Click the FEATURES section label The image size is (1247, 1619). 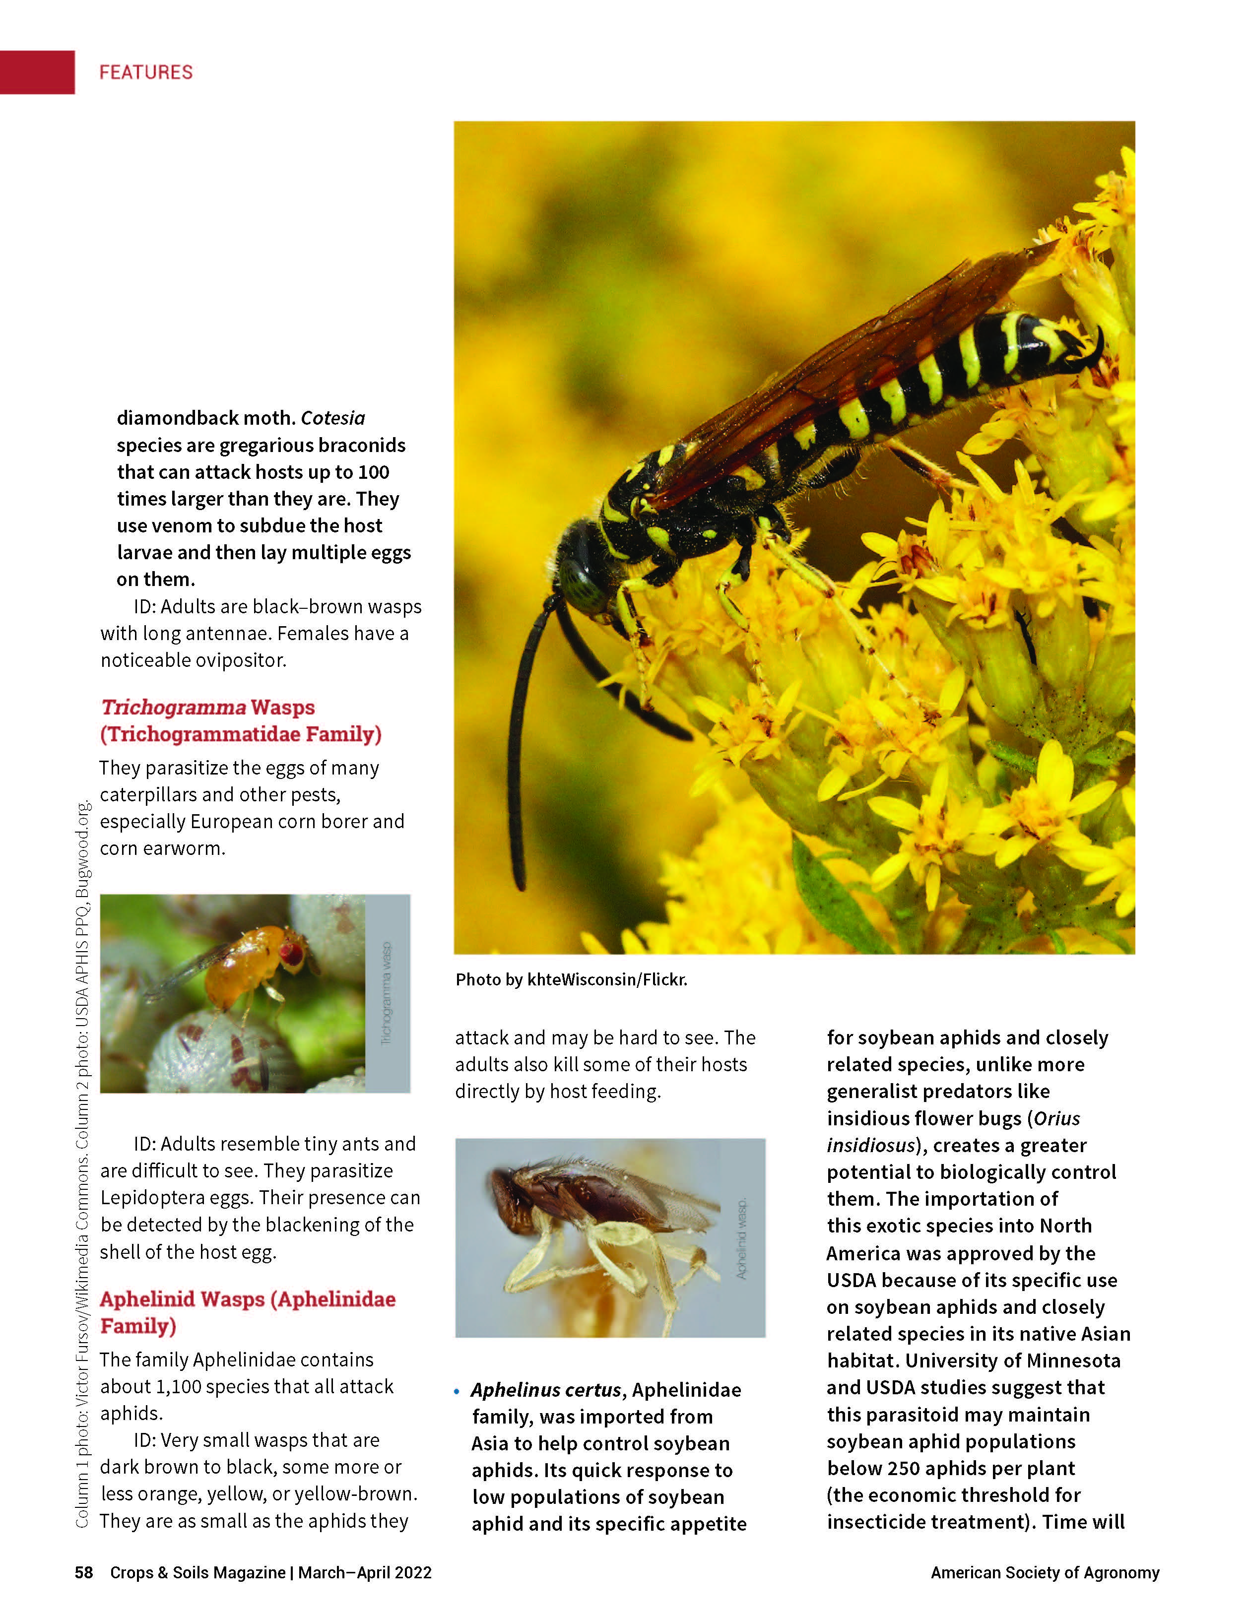146,72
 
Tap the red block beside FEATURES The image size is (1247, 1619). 37,72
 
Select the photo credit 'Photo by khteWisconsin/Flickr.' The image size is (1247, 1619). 571,979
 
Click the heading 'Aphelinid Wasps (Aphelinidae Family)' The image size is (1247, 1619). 248,1312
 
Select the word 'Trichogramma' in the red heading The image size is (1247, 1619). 174,707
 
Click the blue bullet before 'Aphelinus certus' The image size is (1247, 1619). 457,1391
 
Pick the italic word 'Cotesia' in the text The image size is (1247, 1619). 333,418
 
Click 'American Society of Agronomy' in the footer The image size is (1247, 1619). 1045,1572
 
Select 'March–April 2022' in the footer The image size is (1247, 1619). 365,1572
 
